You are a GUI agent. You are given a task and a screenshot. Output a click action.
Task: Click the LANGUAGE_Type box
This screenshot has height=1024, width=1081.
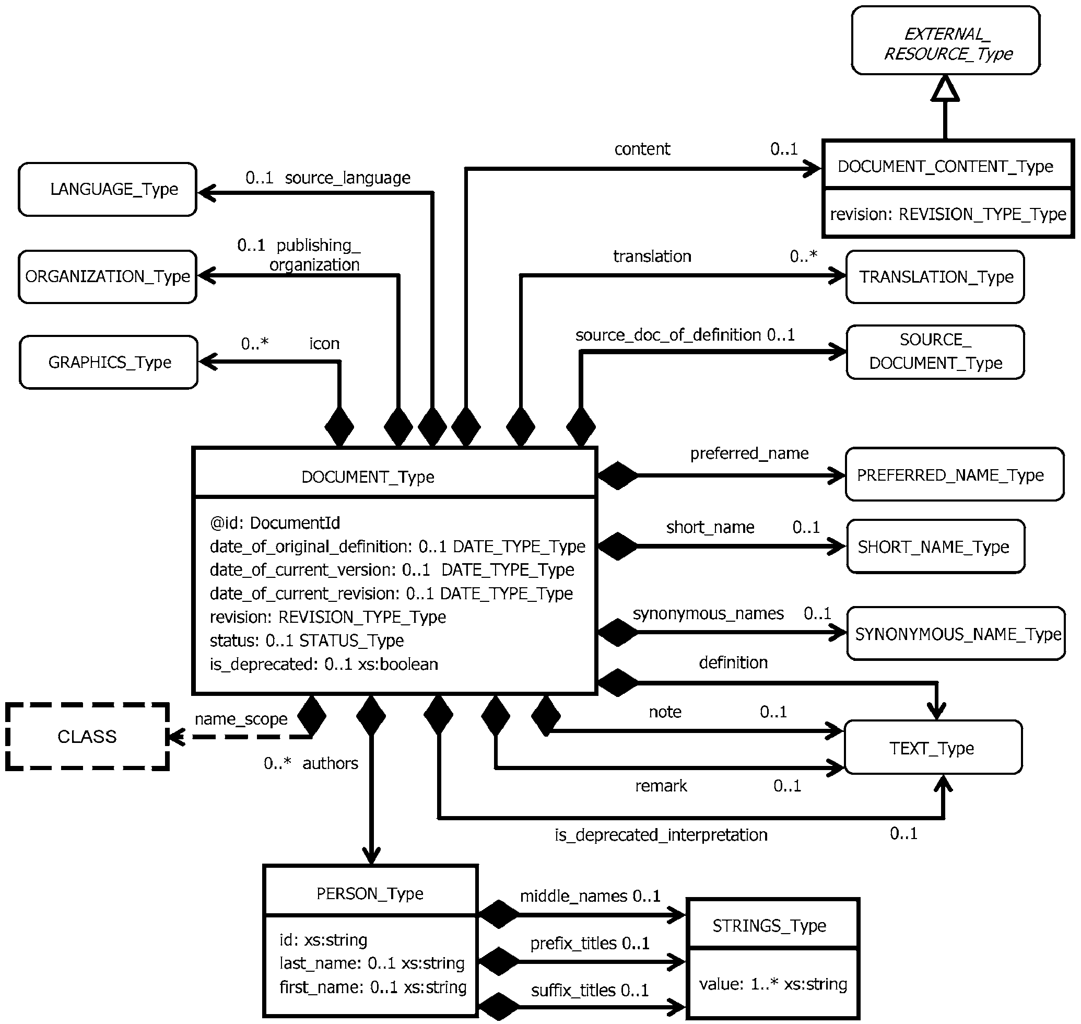[108, 190]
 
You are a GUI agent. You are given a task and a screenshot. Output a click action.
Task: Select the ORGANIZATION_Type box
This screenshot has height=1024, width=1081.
[108, 277]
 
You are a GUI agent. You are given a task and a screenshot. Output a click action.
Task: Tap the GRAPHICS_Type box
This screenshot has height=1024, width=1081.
[109, 363]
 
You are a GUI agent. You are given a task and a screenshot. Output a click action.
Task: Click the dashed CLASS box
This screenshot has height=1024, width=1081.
[87, 737]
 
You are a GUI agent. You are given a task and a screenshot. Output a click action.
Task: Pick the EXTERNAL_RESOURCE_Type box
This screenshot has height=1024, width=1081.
[946, 40]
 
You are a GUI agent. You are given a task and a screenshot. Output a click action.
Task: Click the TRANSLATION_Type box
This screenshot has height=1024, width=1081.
[935, 277]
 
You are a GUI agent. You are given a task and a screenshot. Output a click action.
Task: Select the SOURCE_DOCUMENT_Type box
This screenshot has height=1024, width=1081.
[935, 352]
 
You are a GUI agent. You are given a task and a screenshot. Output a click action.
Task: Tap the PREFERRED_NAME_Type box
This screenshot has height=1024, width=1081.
[955, 474]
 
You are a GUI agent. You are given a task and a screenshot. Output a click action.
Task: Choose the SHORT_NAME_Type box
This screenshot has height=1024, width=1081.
[936, 546]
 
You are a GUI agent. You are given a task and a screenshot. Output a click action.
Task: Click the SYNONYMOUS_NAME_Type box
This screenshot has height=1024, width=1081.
[956, 634]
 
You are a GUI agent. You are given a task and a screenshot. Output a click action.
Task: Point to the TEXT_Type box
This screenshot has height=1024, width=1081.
[933, 747]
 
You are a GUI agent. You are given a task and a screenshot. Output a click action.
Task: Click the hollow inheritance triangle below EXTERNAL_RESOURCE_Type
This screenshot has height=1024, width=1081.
[945, 89]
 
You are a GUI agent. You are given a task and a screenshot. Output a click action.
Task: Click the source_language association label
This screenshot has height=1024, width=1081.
[348, 178]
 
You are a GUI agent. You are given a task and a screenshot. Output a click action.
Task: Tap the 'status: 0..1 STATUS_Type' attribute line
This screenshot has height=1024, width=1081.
[307, 641]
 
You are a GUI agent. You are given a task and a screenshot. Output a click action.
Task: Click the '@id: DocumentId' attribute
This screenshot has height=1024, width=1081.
[275, 523]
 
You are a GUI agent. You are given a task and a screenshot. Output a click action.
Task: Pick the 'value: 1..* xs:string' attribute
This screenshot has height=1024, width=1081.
[773, 984]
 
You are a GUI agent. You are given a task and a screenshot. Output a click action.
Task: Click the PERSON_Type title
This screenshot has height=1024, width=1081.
[370, 893]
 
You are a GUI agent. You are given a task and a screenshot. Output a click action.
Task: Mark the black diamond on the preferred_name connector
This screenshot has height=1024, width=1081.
[618, 475]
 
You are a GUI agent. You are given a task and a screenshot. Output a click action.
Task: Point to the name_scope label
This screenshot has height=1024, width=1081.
[241, 719]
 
